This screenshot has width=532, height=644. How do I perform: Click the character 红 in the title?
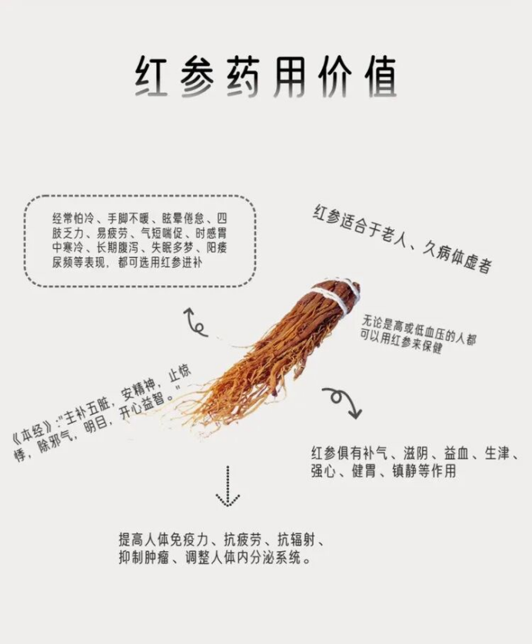152,77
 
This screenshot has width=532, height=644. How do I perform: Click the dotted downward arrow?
228,486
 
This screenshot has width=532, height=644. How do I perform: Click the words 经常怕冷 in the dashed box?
72,218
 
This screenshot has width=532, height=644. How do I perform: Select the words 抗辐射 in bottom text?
296,539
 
